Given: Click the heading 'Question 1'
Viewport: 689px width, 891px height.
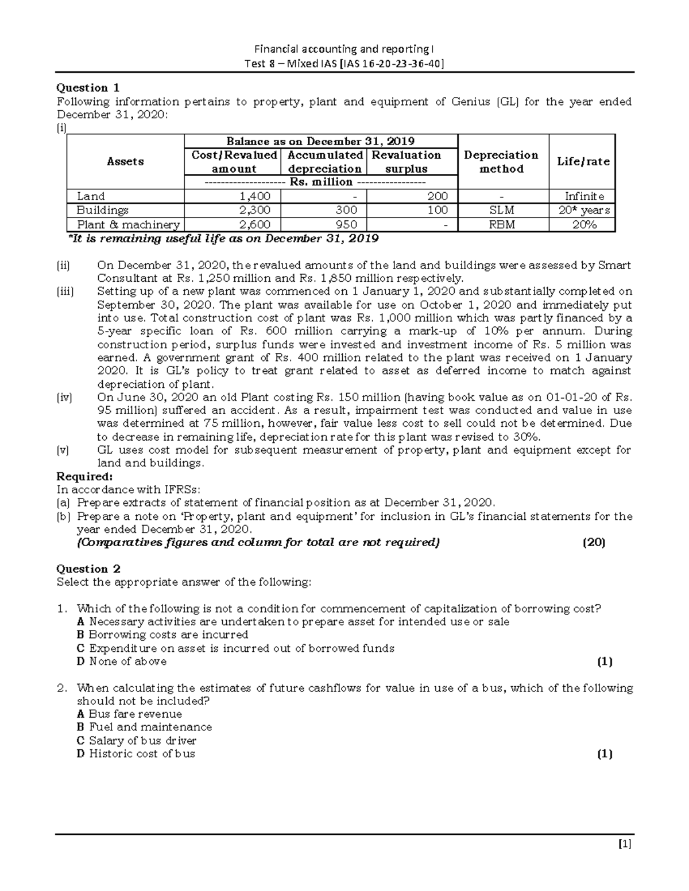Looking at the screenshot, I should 88,88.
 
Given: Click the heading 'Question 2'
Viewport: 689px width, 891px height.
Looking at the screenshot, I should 88,569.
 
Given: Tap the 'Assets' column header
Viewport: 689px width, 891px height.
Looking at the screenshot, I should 125,162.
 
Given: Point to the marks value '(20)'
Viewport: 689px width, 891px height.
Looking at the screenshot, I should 594,542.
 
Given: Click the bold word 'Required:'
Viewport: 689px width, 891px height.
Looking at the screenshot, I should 84,476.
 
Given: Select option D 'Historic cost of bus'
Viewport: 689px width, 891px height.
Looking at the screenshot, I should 136,754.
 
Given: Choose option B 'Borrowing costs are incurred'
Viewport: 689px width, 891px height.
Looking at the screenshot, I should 162,635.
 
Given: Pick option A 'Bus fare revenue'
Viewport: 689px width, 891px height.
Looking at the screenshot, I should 129,714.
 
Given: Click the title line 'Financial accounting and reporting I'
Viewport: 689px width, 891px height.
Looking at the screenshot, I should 344,49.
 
